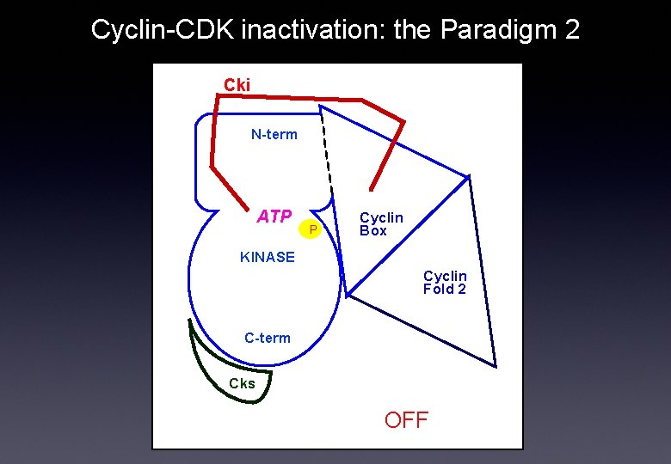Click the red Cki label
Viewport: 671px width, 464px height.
point(237,84)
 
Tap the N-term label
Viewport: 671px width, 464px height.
point(274,134)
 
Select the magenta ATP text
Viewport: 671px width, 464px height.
point(274,217)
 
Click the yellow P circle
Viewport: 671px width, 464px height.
point(314,229)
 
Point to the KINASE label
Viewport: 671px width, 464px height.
point(267,257)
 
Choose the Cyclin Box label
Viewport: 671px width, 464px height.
point(380,224)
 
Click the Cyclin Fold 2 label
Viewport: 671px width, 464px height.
point(445,283)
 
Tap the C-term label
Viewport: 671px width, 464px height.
point(267,338)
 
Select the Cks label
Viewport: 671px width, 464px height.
point(242,384)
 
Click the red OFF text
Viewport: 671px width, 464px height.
point(406,420)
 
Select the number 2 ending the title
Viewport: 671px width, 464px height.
point(571,30)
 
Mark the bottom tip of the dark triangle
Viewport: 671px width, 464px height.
point(496,367)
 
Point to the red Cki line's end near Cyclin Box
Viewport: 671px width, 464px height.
point(372,189)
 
